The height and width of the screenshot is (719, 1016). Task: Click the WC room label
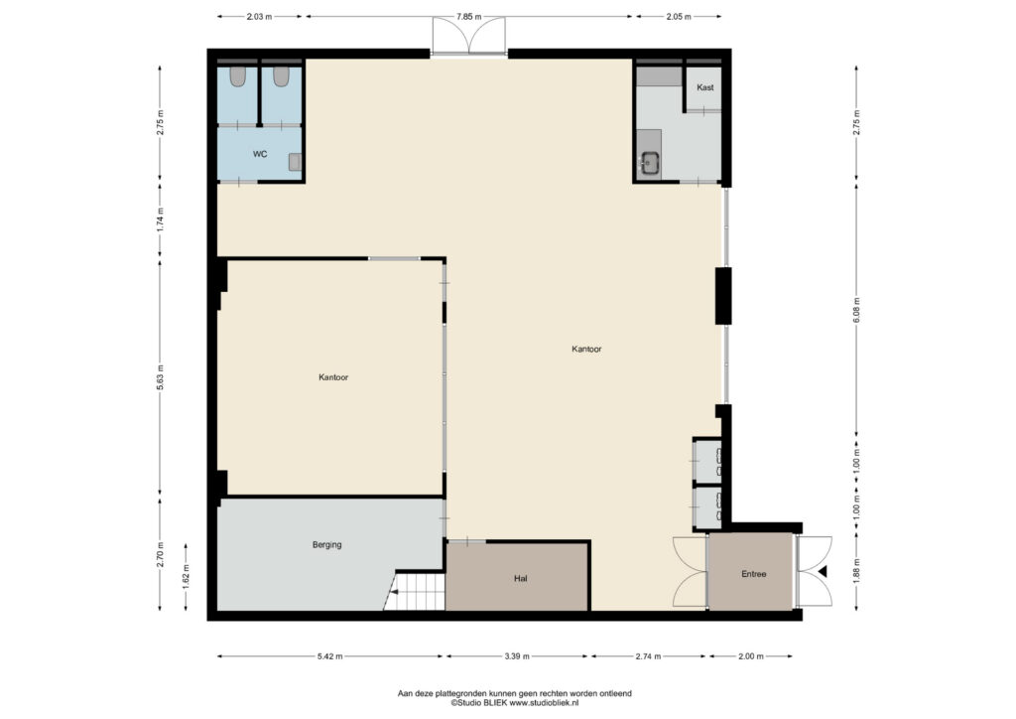tap(260, 154)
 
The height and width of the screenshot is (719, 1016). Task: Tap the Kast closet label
tap(705, 87)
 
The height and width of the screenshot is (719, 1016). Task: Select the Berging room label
tap(326, 545)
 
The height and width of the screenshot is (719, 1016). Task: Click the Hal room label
tap(520, 578)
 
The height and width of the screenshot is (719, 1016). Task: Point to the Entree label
tap(754, 574)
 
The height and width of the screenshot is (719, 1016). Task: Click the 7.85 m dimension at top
tap(468, 17)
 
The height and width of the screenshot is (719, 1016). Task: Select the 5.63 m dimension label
tap(160, 378)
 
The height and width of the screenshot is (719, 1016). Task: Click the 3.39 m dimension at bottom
tap(516, 656)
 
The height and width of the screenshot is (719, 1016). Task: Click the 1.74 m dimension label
tap(160, 219)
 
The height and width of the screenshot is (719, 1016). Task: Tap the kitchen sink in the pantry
tap(649, 162)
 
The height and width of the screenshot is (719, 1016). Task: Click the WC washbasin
tap(296, 162)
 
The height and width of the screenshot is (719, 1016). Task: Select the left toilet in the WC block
tap(238, 76)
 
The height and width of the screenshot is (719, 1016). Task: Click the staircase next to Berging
tap(415, 591)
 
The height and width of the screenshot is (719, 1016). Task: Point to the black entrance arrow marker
tap(823, 572)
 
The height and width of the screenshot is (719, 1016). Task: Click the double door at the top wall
tap(469, 36)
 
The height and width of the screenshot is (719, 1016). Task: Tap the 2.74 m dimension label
tap(648, 656)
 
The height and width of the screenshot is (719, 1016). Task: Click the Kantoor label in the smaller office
tap(333, 377)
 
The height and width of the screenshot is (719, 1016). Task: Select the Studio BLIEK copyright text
tap(515, 703)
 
